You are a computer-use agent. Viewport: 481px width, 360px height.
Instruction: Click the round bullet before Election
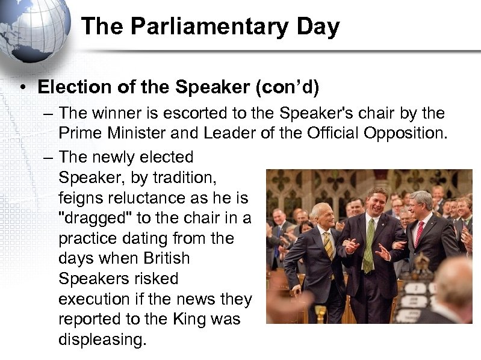click(21, 88)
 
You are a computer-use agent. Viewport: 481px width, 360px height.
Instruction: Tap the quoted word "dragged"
click(92, 218)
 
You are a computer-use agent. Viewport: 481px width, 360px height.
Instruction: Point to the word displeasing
click(102, 340)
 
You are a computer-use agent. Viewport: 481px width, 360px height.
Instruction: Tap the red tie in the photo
click(418, 232)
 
